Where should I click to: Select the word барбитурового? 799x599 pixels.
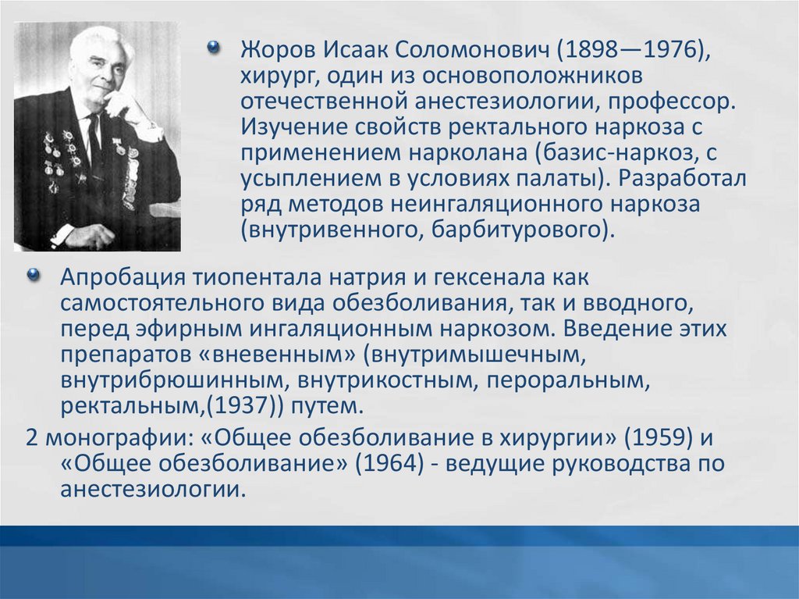pyautogui.click(x=520, y=230)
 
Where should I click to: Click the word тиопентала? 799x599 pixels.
pyautogui.click(x=257, y=278)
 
